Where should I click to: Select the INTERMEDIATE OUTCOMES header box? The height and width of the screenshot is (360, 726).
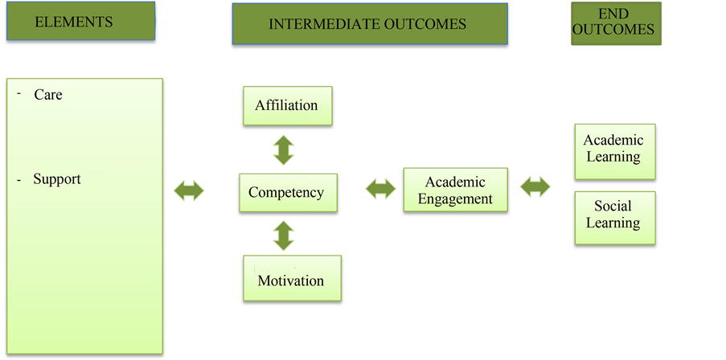[x=369, y=23]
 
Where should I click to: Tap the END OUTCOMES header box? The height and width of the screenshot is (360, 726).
[x=616, y=22]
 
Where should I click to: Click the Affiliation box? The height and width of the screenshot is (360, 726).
[x=286, y=105]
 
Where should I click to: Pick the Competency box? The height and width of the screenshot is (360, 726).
[x=286, y=192]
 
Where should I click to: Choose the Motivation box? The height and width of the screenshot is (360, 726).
[x=291, y=279]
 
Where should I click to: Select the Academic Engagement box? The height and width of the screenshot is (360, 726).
[x=455, y=190]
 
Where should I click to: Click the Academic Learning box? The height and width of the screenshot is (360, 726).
[x=614, y=150]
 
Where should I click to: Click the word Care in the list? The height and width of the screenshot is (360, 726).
[x=48, y=95]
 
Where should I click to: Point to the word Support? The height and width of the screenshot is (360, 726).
[x=57, y=179]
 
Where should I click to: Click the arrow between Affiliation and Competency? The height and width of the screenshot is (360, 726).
[x=284, y=150]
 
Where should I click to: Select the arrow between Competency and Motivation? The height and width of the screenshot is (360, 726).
[x=284, y=235]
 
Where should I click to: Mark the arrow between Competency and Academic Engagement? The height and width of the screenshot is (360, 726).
[x=380, y=190]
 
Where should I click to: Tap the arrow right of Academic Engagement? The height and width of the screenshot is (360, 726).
[x=535, y=188]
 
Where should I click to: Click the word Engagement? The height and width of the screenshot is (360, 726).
[x=455, y=198]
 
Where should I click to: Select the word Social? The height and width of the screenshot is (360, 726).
[x=613, y=207]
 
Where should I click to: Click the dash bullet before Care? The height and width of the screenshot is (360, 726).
[x=18, y=93]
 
